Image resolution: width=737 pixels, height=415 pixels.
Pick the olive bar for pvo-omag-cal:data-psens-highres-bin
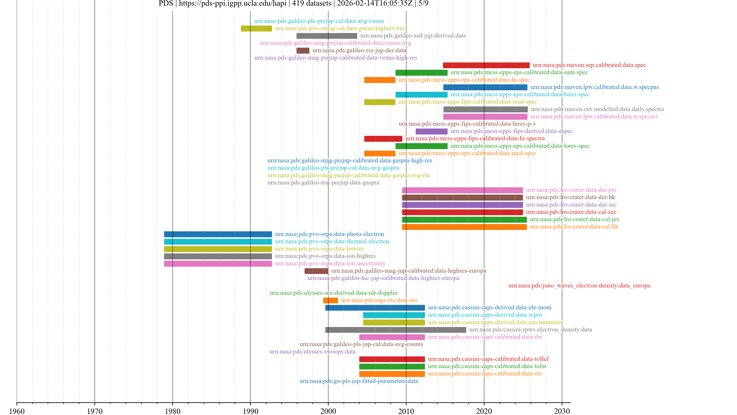[x=256, y=28]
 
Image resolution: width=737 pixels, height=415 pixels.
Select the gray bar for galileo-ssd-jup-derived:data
[x=327, y=36]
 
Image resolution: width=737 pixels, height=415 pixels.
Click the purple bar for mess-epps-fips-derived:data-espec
[x=431, y=131]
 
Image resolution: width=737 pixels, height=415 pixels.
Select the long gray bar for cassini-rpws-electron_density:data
[x=396, y=330]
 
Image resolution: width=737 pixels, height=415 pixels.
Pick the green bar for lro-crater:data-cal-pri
[x=464, y=220]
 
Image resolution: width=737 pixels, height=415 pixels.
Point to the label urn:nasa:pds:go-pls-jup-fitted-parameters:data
[x=359, y=381]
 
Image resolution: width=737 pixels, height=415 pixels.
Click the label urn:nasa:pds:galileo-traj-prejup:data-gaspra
[x=323, y=183]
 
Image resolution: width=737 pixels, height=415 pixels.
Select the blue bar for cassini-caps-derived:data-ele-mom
[x=375, y=308]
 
